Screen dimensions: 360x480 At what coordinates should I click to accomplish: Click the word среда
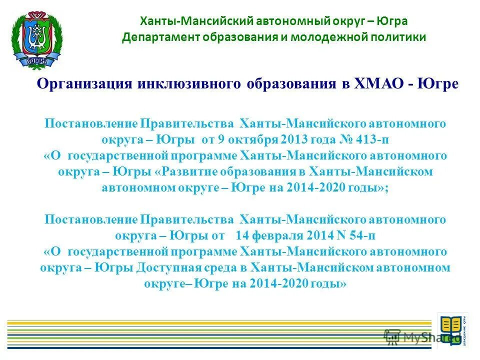227,267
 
